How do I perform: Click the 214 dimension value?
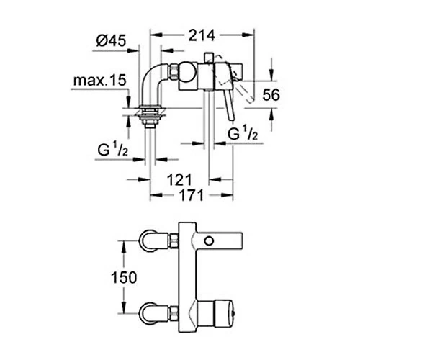click(x=202, y=35)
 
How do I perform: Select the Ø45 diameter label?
click(x=111, y=41)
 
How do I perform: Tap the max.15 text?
click(x=100, y=80)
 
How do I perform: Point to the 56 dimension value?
click(x=271, y=95)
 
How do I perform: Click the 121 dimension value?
click(x=179, y=180)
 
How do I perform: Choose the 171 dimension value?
click(x=192, y=195)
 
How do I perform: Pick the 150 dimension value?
click(x=124, y=277)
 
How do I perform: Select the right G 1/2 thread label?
click(x=243, y=135)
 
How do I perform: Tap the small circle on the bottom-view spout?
click(x=209, y=241)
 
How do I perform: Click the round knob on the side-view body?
click(x=187, y=72)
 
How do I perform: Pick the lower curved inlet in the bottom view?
click(x=154, y=313)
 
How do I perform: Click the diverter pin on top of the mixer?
click(x=208, y=58)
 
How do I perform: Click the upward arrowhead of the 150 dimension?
click(x=123, y=246)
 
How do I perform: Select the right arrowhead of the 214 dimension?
click(x=248, y=35)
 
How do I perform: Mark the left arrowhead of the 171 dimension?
click(x=156, y=195)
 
